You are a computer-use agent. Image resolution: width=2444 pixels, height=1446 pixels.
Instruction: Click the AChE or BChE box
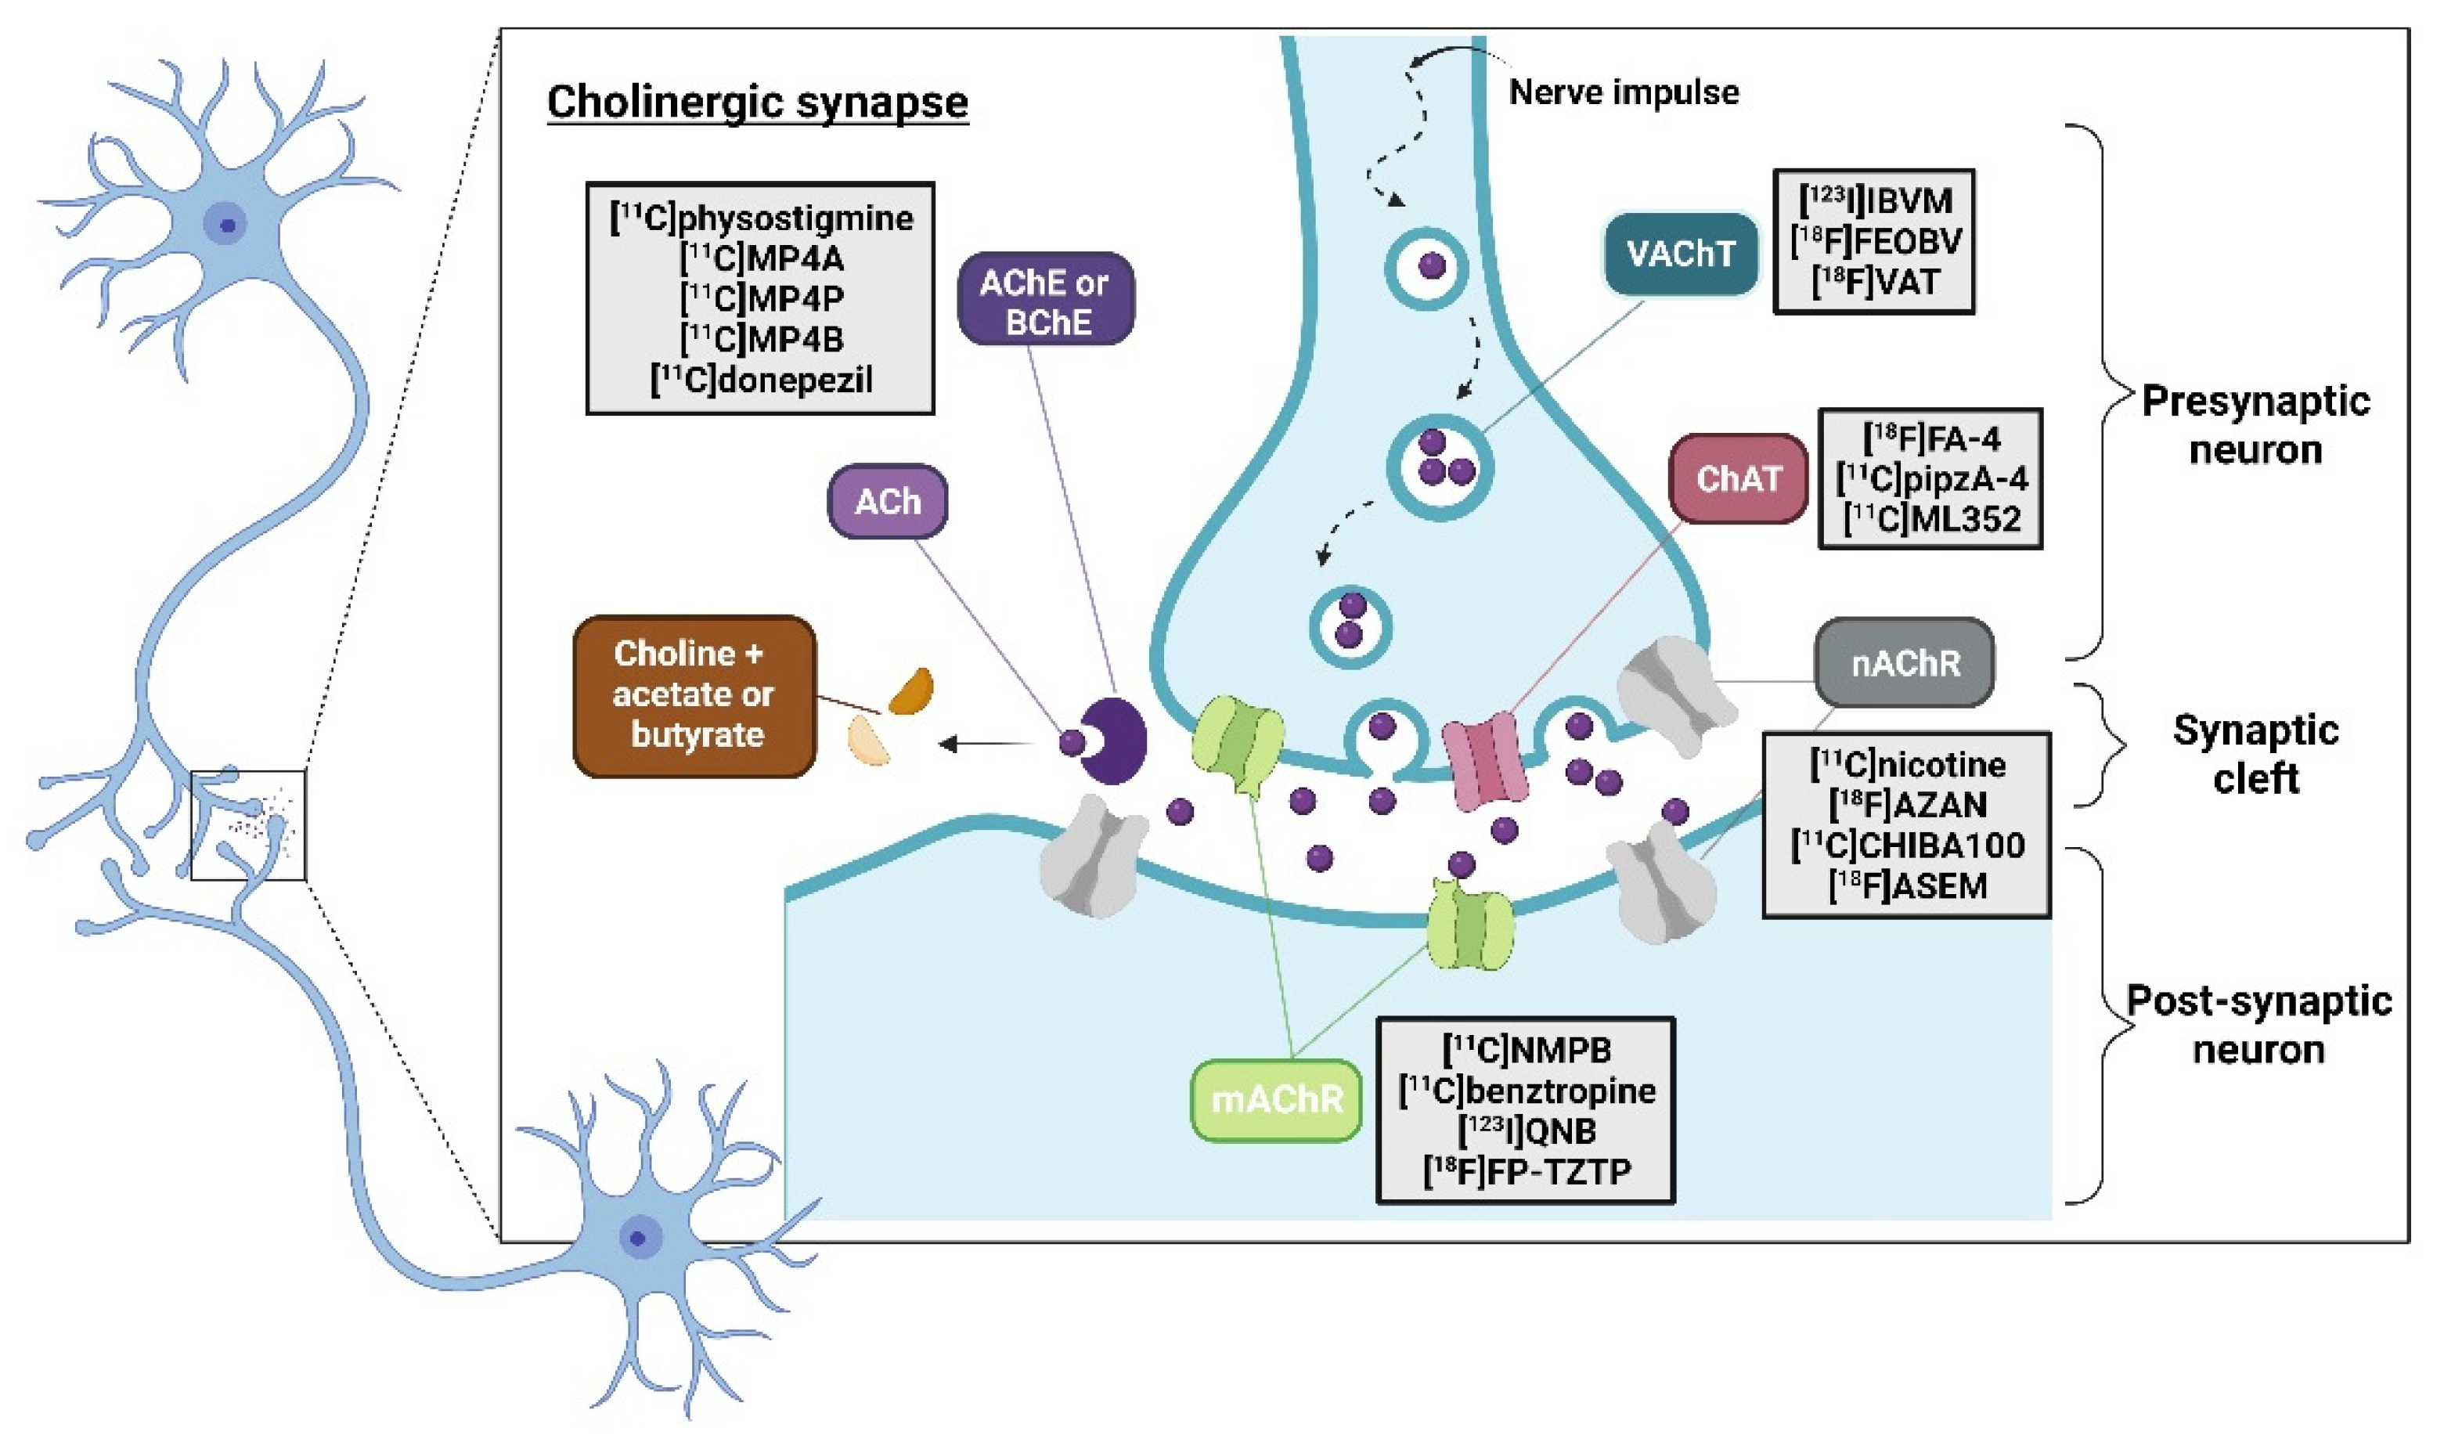click(1045, 301)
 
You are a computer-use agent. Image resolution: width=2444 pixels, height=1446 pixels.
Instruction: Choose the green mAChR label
click(1275, 1100)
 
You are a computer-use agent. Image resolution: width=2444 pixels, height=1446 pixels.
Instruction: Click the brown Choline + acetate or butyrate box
click(694, 694)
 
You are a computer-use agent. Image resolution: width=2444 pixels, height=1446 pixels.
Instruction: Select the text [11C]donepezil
click(761, 380)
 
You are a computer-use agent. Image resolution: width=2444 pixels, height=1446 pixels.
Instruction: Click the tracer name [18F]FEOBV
click(1875, 242)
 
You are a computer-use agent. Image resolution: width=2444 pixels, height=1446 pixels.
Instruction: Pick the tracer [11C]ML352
click(1930, 519)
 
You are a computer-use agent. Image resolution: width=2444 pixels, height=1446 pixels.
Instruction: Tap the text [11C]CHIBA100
click(1907, 845)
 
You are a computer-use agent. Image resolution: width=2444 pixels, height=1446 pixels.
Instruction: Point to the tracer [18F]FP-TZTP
click(1526, 1171)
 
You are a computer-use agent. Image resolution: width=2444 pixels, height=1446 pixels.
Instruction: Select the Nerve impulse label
click(1623, 92)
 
